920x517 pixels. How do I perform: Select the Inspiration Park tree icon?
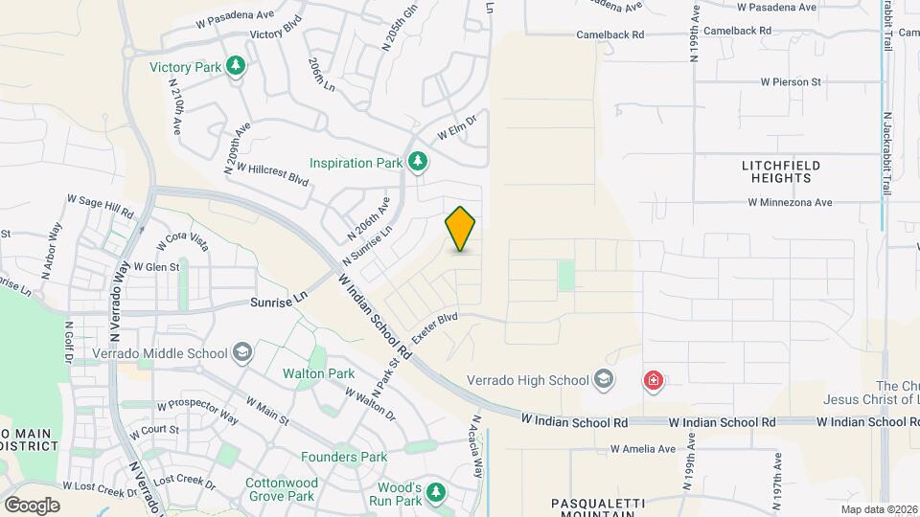pyautogui.click(x=417, y=163)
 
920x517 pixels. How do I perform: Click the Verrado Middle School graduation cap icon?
pyautogui.click(x=242, y=352)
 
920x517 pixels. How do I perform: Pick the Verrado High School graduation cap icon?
pyautogui.click(x=603, y=380)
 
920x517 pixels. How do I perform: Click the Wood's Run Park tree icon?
pyautogui.click(x=437, y=493)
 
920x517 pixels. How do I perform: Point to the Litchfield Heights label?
pyautogui.click(x=782, y=171)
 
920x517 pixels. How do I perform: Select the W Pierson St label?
pyautogui.click(x=791, y=82)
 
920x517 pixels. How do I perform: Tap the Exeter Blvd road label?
pyautogui.click(x=436, y=327)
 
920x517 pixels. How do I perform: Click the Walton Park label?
pyautogui.click(x=318, y=373)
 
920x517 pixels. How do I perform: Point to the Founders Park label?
pyautogui.click(x=344, y=457)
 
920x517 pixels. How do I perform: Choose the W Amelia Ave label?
pyautogui.click(x=643, y=448)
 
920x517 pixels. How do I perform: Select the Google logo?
pyautogui.click(x=31, y=505)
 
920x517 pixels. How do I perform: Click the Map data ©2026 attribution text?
pyautogui.click(x=879, y=509)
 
